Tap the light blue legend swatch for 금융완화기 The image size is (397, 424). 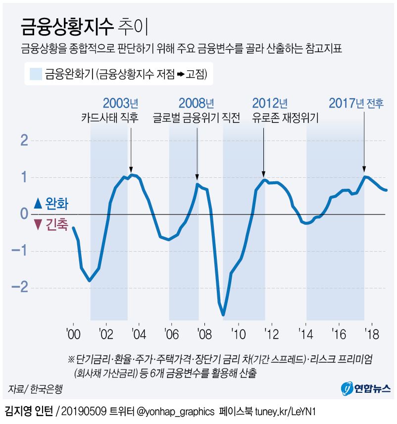[x=35, y=74]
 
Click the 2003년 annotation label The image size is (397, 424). [x=120, y=104]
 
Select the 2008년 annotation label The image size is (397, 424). [x=196, y=104]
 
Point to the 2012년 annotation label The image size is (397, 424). [x=269, y=104]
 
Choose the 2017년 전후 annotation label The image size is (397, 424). [x=356, y=104]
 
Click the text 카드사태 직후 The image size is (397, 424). [x=110, y=118]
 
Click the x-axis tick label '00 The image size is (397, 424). [x=73, y=334]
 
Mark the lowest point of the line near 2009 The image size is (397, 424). [x=223, y=314]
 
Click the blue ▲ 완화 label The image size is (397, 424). [x=51, y=203]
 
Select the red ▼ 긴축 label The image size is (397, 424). [x=51, y=225]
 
